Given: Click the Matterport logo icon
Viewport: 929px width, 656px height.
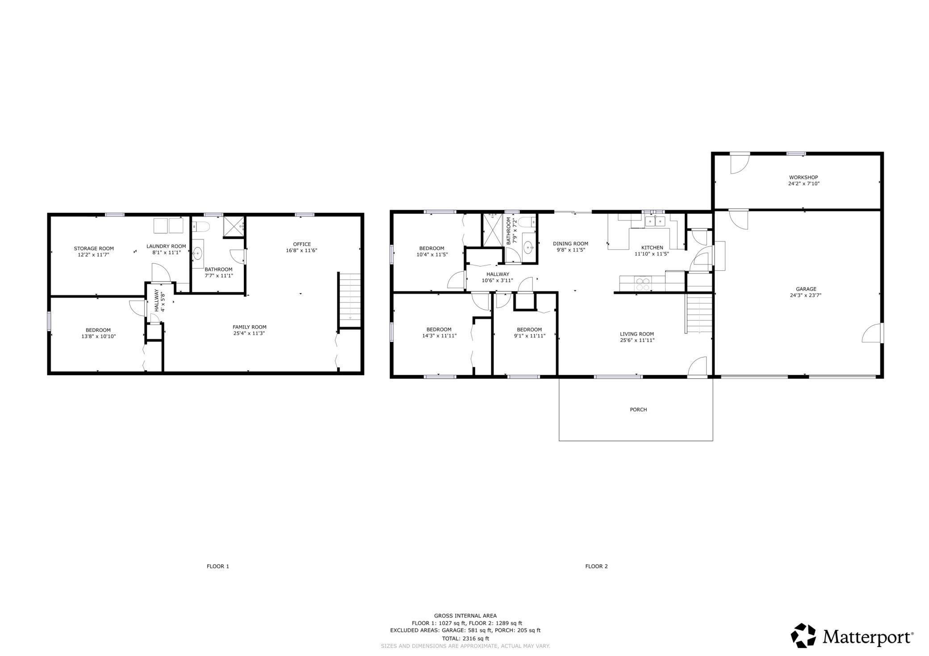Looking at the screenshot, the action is tap(803, 635).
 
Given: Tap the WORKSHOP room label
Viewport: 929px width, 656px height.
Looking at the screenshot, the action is tap(803, 178).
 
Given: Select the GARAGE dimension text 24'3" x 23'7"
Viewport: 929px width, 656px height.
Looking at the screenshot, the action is tap(806, 295).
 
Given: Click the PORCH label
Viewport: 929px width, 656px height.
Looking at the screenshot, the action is tap(638, 410).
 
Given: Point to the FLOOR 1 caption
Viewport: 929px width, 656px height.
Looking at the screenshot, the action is tap(218, 566).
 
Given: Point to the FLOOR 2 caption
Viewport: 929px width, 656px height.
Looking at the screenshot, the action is tap(596, 566).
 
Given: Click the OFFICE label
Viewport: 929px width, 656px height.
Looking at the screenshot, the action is tap(302, 244).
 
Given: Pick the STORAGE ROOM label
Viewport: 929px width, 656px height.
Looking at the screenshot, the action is tap(94, 249).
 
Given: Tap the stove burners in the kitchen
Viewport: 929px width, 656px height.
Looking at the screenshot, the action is tap(643, 284).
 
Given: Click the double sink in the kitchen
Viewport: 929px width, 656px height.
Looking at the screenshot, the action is tap(655, 221).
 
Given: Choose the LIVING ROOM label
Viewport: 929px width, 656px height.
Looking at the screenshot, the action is tap(637, 334).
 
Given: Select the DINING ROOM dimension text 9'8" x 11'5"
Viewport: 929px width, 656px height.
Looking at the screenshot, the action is tap(570, 250).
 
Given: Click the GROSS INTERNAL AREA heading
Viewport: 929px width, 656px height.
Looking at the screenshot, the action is tap(465, 616).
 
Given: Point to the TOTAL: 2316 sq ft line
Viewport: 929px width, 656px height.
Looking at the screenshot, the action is tap(465, 639).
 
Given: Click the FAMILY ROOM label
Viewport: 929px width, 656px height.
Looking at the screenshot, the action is tap(250, 327).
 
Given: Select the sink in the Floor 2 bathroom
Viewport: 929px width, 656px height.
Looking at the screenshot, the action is tap(529, 247).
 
